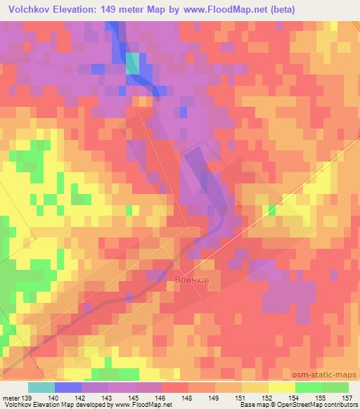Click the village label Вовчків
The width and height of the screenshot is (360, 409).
click(x=190, y=280)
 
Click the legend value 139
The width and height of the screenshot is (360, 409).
click(x=26, y=397)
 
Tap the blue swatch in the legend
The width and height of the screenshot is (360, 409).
click(x=67, y=387)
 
